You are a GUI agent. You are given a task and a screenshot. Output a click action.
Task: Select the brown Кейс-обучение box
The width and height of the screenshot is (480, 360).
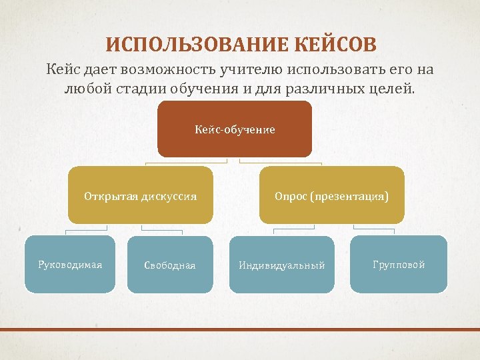[235, 129]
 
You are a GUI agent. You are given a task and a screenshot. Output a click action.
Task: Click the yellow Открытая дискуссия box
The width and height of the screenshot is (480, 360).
[140, 195]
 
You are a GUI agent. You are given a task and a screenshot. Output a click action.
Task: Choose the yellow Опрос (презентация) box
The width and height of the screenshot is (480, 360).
[331, 195]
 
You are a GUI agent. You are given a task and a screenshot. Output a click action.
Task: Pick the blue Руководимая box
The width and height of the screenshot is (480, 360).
[70, 265]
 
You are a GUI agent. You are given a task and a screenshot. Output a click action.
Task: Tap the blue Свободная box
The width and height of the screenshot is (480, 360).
[170, 265]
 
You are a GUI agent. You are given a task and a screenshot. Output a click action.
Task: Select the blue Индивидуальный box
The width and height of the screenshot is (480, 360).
[282, 265]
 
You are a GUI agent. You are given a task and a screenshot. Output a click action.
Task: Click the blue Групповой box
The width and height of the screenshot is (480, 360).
[399, 265]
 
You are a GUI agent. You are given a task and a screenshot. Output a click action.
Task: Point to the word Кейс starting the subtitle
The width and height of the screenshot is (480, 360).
[63, 69]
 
